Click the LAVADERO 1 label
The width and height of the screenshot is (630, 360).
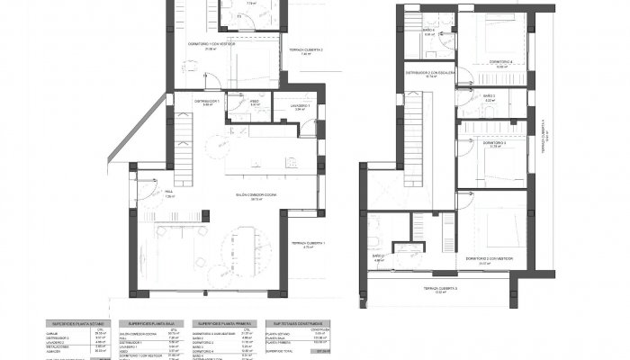[x=301, y=105]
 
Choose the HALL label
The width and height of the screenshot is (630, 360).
[x=168, y=192]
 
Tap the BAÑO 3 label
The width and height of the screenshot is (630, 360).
[x=488, y=95]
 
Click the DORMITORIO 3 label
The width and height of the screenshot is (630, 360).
[x=494, y=142]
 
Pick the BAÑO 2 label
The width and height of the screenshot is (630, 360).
[x=379, y=256]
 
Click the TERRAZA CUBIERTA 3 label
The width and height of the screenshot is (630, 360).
[x=442, y=288]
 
